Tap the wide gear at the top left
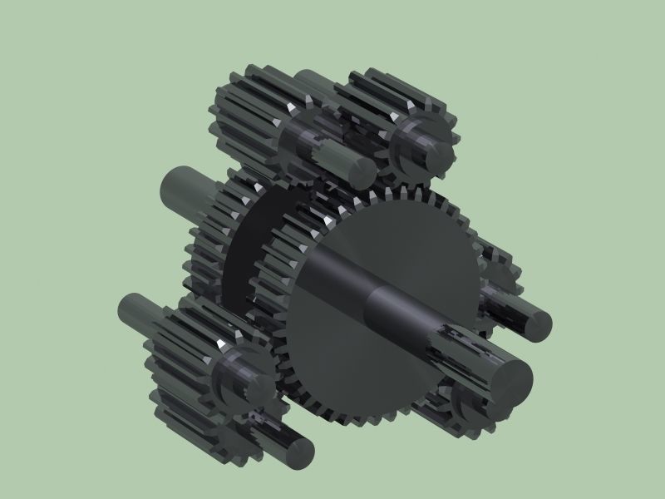point(245,116)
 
